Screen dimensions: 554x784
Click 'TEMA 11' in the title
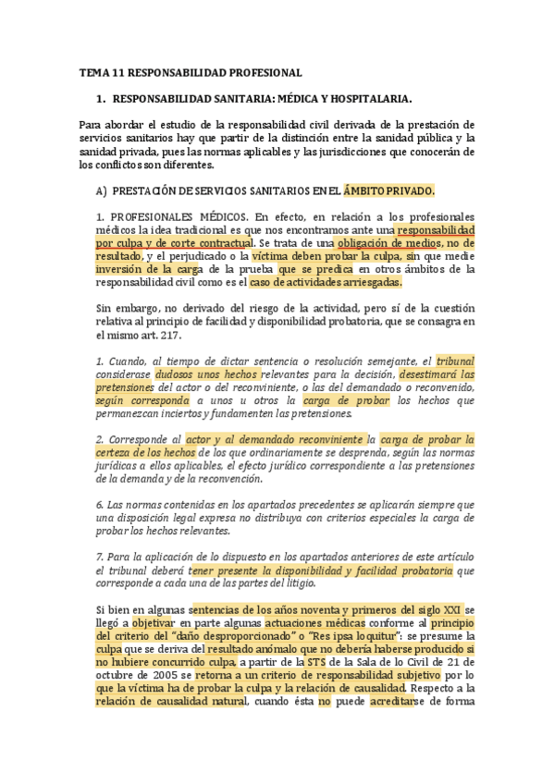[x=101, y=72]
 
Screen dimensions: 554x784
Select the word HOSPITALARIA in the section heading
[x=362, y=98]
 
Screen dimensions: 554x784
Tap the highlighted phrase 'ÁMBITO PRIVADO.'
[x=388, y=190]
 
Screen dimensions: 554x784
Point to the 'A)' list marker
[x=101, y=190]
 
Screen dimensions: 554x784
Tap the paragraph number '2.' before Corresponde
[x=101, y=439]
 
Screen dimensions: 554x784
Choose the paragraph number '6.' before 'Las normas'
[x=101, y=504]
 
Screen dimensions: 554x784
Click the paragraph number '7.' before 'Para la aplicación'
[x=101, y=557]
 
